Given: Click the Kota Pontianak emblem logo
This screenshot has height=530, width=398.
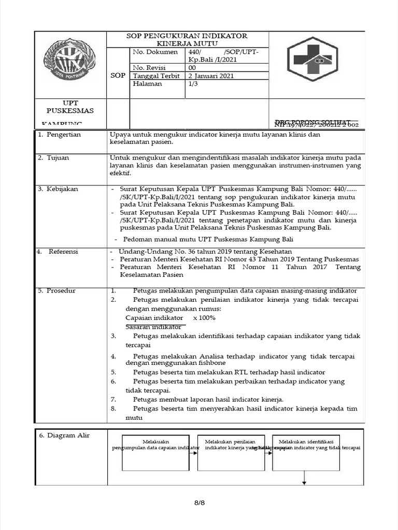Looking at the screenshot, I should (x=70, y=63).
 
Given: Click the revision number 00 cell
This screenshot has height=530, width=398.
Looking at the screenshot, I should (x=192, y=67).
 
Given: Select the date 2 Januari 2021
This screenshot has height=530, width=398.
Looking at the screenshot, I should (x=211, y=76).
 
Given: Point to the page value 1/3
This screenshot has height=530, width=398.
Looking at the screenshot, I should (x=193, y=84).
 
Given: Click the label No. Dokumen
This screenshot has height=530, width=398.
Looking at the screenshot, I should (x=155, y=52).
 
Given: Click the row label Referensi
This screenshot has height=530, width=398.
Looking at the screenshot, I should (x=63, y=252).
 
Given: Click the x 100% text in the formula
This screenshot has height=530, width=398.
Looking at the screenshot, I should (x=204, y=318).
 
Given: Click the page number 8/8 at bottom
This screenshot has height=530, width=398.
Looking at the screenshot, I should (x=199, y=503).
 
